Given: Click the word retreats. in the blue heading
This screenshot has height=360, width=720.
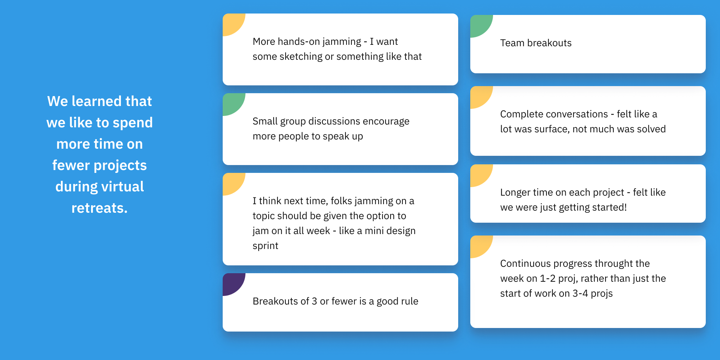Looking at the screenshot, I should point(100,208).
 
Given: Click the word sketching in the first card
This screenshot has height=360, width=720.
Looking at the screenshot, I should point(301,57).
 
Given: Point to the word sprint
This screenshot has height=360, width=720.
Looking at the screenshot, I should point(265,246).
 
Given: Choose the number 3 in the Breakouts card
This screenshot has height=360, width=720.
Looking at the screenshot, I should point(314,301).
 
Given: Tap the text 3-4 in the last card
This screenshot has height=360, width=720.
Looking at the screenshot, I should point(580,293).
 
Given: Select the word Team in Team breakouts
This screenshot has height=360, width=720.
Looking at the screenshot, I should point(512,43).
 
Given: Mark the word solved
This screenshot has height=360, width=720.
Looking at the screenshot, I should point(651,129).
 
